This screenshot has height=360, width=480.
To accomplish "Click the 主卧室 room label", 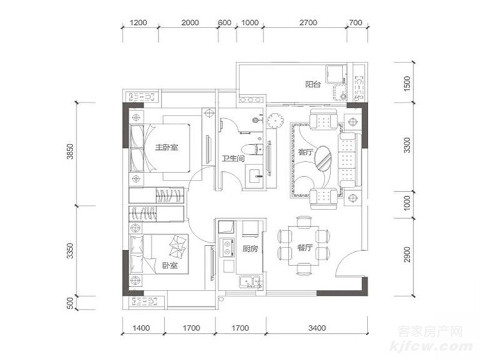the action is click(x=166, y=147).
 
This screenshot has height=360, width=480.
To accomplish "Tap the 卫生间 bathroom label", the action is click(x=233, y=159).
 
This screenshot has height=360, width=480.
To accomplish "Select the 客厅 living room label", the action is click(x=306, y=152).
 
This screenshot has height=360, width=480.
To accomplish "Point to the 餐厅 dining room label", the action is click(x=304, y=247).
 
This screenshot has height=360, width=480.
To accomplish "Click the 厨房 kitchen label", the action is click(x=250, y=249).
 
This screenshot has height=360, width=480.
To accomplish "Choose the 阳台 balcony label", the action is click(x=313, y=84).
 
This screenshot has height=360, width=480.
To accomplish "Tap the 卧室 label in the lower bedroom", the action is click(x=170, y=265).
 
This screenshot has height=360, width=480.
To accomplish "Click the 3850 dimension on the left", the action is click(x=71, y=151).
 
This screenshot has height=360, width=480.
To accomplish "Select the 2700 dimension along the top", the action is click(x=308, y=22).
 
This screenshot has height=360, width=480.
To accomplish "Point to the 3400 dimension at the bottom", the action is click(x=317, y=328).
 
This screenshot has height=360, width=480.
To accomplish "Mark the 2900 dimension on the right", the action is click(x=406, y=254).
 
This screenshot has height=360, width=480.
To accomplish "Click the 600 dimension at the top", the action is click(x=224, y=22).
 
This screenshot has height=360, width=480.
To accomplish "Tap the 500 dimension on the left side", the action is click(x=71, y=303).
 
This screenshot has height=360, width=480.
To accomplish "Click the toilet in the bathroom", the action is click(x=252, y=149).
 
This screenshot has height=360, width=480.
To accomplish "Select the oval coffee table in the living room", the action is click(x=323, y=157).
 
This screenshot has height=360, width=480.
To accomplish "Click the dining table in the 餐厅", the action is click(x=304, y=246).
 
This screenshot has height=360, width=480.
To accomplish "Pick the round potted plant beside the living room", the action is click(x=274, y=121).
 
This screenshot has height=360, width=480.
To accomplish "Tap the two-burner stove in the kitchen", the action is click(x=227, y=247).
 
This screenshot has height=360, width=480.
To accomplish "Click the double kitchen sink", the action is click(x=250, y=282).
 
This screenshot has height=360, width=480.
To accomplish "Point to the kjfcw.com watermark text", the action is click(x=431, y=346).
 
